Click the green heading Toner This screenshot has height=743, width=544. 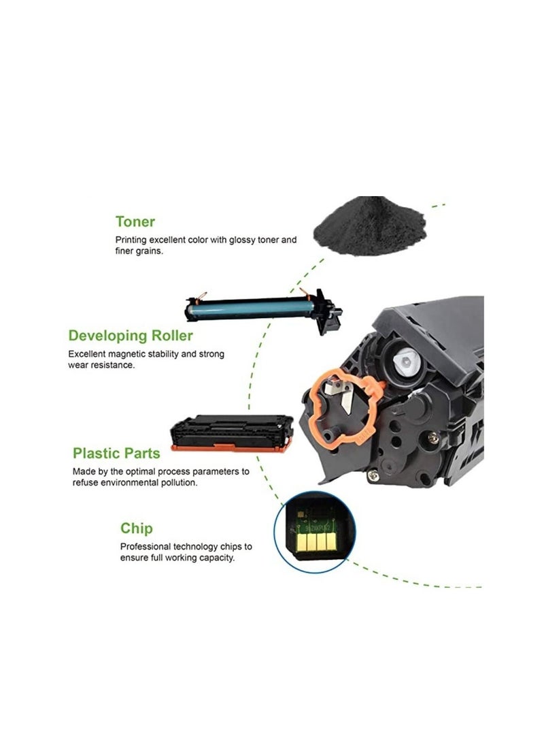point(135,221)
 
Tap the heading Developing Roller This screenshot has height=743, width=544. point(131,336)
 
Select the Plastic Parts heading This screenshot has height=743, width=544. point(117,453)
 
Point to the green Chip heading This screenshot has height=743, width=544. point(137,528)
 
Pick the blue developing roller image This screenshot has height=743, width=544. point(262,310)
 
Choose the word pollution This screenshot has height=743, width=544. point(177,482)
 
